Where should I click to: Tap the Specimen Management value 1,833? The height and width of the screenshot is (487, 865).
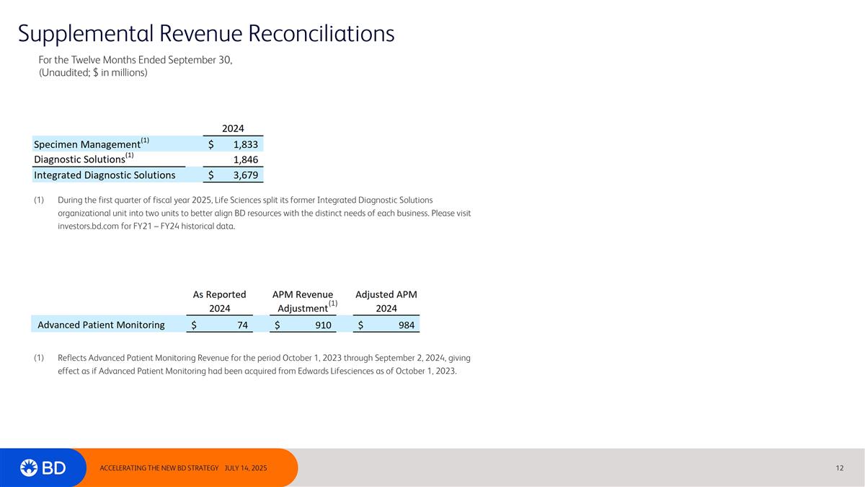coord(246,144)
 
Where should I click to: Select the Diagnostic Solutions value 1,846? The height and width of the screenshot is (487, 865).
coord(246,159)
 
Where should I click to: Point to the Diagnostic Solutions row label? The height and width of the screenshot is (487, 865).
coord(79,159)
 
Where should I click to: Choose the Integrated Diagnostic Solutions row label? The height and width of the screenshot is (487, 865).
coord(105,175)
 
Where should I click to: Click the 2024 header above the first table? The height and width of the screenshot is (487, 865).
coord(232,128)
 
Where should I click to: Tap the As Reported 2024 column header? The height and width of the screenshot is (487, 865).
coord(220,302)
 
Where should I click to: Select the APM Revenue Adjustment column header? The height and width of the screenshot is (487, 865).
coord(303,302)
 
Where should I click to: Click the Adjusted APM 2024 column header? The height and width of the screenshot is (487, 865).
coord(386,302)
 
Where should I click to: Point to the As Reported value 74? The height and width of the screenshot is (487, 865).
coord(242,325)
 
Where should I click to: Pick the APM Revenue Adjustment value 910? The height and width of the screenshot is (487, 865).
coord(323,325)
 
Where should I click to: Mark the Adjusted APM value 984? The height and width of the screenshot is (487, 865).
coord(407,325)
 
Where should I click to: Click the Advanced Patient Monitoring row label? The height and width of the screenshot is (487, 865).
coord(101,325)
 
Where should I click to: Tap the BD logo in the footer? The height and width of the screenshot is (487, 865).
coord(43,468)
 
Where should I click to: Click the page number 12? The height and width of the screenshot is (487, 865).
coord(840,468)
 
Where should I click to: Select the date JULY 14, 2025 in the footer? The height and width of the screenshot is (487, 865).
coord(246,468)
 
